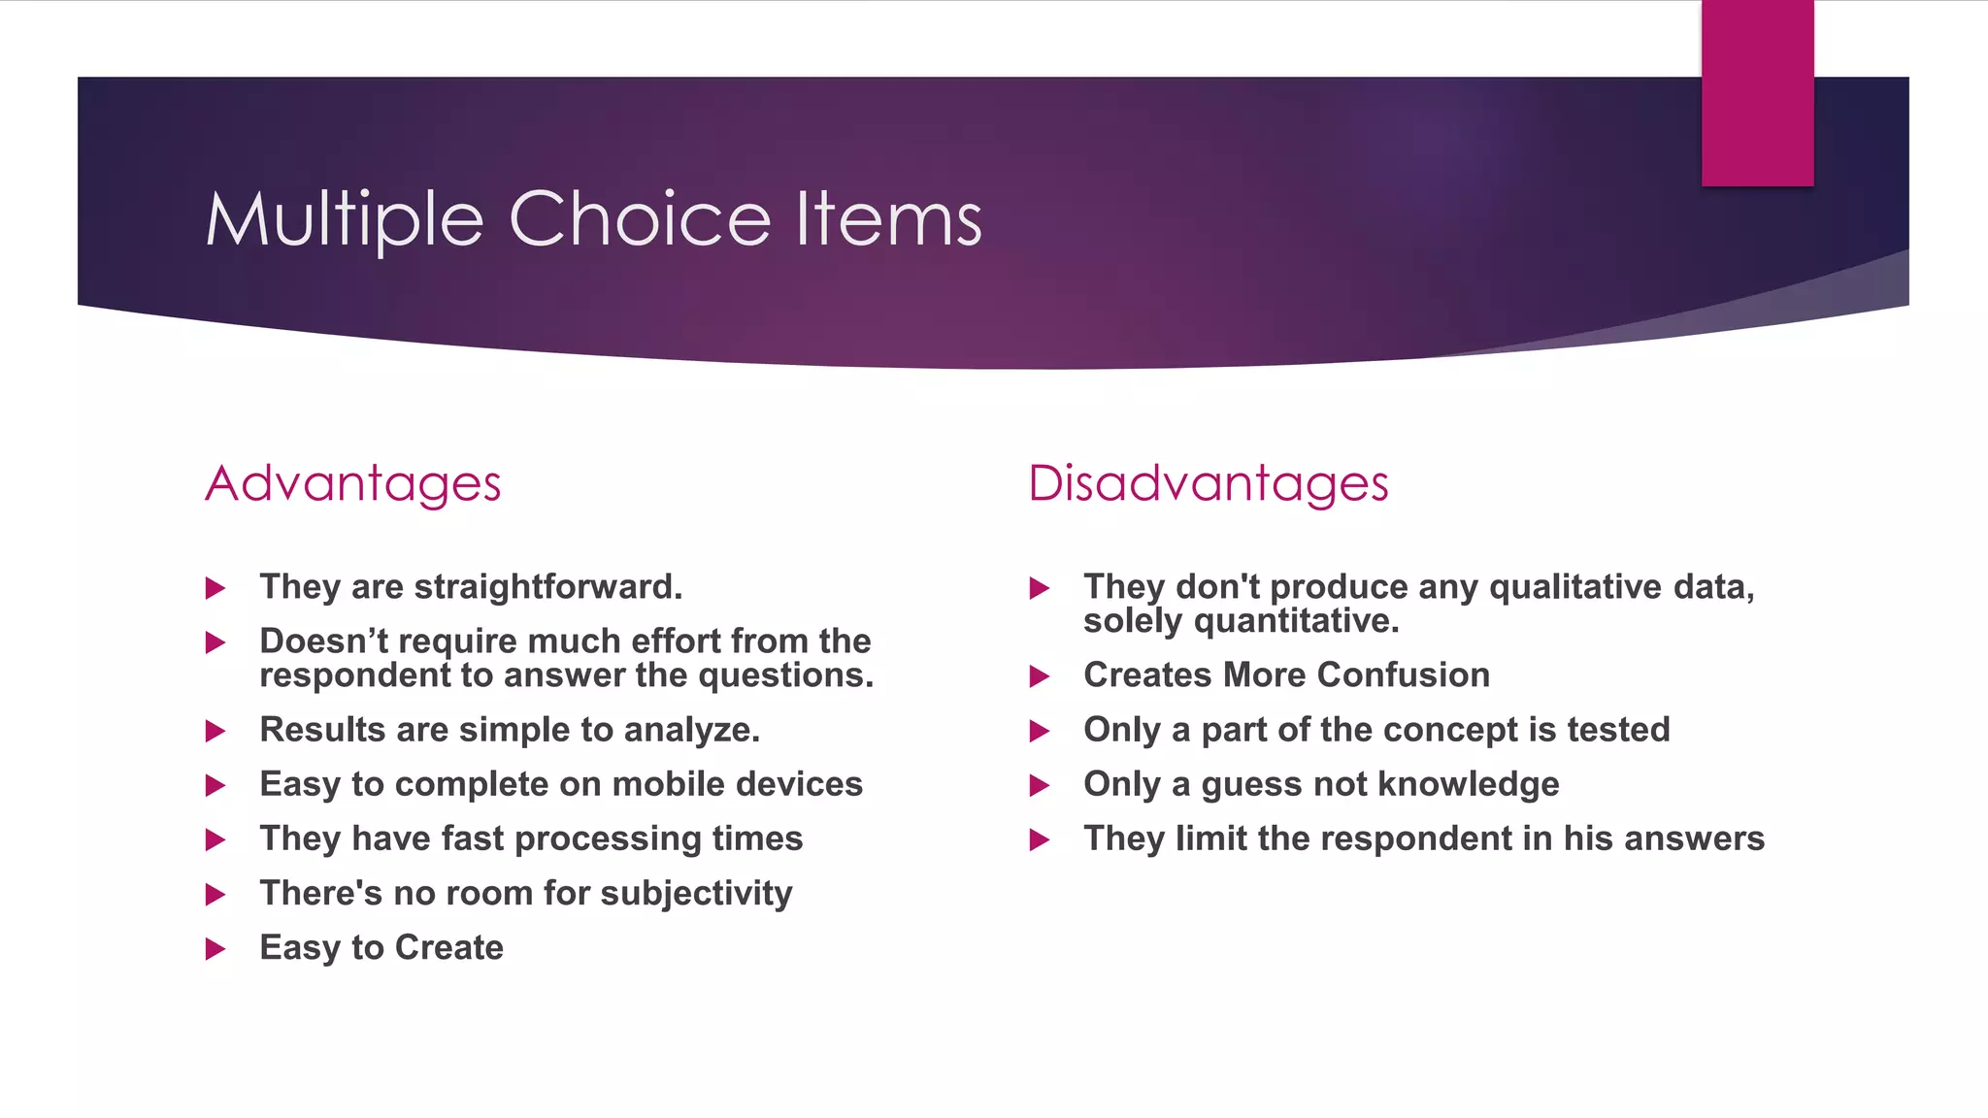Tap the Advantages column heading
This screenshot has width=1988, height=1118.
[353, 483]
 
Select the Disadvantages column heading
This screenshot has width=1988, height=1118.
[1209, 483]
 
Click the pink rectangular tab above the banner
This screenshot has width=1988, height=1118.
[1757, 93]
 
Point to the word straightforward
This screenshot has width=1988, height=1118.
[547, 587]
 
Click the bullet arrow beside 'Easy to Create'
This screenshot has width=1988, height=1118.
[215, 948]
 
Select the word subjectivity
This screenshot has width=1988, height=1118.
[696, 894]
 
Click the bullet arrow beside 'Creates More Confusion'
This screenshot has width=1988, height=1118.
[1040, 676]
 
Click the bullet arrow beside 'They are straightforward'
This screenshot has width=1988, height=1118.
[215, 588]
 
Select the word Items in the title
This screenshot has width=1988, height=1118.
[888, 218]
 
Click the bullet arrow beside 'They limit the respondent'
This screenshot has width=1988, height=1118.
[1040, 839]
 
